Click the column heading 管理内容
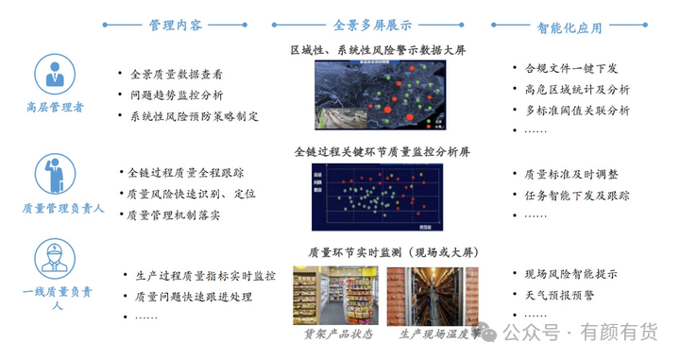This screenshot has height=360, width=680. pyautogui.click(x=176, y=26)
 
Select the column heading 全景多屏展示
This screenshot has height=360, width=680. pyautogui.click(x=372, y=26)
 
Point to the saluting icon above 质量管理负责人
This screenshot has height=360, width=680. pyautogui.click(x=54, y=174)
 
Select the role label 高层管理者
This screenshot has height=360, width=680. pyautogui.click(x=55, y=107)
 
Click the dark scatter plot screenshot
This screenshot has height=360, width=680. pyautogui.click(x=379, y=197)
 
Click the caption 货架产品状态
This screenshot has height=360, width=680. pyautogui.click(x=337, y=334)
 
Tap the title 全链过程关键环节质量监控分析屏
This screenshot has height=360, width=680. pyautogui.click(x=382, y=151)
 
